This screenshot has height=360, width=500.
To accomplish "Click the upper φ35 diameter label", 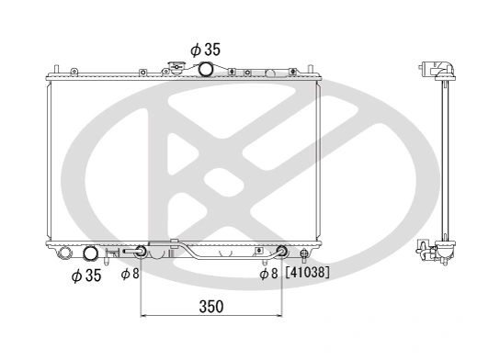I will [x=205, y=49].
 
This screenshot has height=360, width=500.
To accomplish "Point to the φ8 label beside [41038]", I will [x=267, y=273].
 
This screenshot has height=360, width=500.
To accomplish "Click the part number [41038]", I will [x=307, y=273].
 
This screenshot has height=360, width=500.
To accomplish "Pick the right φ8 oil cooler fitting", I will [x=282, y=253].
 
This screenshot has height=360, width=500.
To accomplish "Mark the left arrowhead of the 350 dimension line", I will [x=143, y=317].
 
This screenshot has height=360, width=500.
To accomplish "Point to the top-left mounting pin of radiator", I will [x=56, y=69].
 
